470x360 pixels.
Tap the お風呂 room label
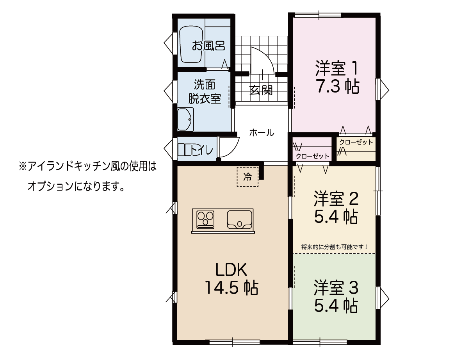(x=208, y=46)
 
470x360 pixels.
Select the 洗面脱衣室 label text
(x=205, y=91)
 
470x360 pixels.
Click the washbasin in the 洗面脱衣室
(x=185, y=119)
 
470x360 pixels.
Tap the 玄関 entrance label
(x=261, y=90)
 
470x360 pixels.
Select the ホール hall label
(x=262, y=132)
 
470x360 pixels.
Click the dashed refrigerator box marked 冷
(x=247, y=177)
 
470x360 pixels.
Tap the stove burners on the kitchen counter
(x=205, y=219)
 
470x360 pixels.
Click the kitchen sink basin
(x=239, y=219)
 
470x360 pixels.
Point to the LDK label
(x=231, y=269)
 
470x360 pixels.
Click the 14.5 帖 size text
(x=231, y=288)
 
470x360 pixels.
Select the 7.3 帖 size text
(x=338, y=86)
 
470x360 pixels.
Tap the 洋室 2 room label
(x=336, y=198)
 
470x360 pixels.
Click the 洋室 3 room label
(x=336, y=287)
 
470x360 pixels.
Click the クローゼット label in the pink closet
(x=313, y=156)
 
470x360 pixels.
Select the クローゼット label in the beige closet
(x=356, y=142)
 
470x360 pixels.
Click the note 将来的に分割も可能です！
(x=335, y=247)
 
